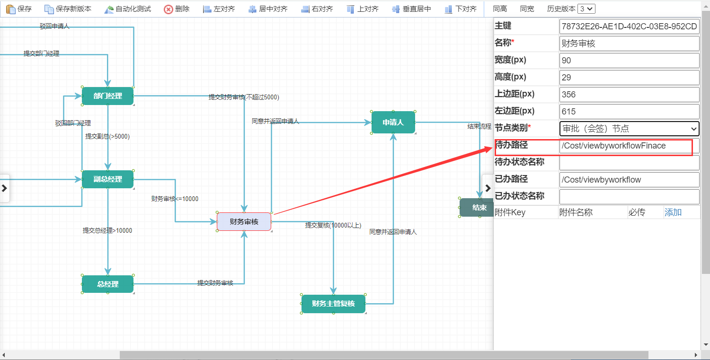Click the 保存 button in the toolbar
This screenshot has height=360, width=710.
[x=19, y=9]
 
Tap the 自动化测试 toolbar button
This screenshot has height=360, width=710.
[x=127, y=9]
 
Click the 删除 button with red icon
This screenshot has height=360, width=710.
[x=177, y=9]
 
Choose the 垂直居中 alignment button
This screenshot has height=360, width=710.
[x=411, y=9]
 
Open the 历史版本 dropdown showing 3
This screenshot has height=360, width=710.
[x=586, y=9]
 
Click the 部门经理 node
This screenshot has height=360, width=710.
[x=107, y=96]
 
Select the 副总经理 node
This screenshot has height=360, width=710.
[x=107, y=179]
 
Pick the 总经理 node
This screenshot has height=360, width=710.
[x=107, y=284]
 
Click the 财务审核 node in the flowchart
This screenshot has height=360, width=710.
[x=244, y=221]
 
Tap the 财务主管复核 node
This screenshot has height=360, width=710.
[x=333, y=304]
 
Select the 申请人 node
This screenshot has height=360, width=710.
[x=393, y=123]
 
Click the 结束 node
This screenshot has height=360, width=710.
[x=477, y=208]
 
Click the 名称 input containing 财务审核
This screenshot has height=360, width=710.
[x=629, y=44]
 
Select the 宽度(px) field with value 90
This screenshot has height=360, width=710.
[x=629, y=61]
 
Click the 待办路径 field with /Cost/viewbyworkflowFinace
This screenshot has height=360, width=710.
[x=629, y=146]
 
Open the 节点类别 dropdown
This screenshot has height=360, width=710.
[x=629, y=129]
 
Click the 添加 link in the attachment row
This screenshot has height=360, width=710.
[x=673, y=212]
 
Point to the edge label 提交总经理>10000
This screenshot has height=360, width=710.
[x=107, y=231]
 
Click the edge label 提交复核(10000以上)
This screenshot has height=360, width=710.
[x=333, y=225]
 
